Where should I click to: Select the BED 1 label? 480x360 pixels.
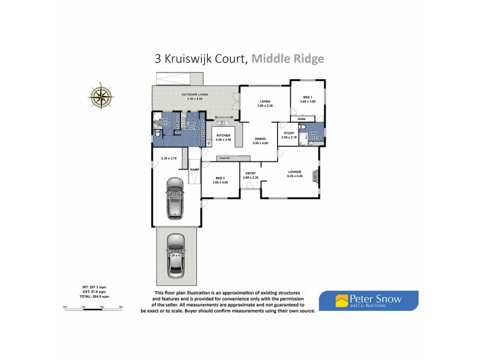[x=307, y=97]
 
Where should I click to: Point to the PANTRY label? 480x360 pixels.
[x=225, y=158]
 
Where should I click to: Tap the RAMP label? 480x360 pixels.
[x=195, y=170]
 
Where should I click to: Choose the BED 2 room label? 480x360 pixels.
[x=220, y=178]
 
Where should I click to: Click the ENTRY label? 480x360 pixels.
[x=250, y=173]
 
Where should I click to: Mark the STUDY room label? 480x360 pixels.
[x=289, y=133]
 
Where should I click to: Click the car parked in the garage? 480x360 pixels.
[x=174, y=197]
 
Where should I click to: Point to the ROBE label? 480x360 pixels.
[x=301, y=118]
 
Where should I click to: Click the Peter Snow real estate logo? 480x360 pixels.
[x=368, y=299]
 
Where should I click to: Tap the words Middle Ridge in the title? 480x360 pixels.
[x=287, y=59]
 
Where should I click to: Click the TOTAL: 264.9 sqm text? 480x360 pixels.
[x=95, y=297]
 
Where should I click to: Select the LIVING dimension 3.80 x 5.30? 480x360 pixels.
[x=265, y=106]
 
